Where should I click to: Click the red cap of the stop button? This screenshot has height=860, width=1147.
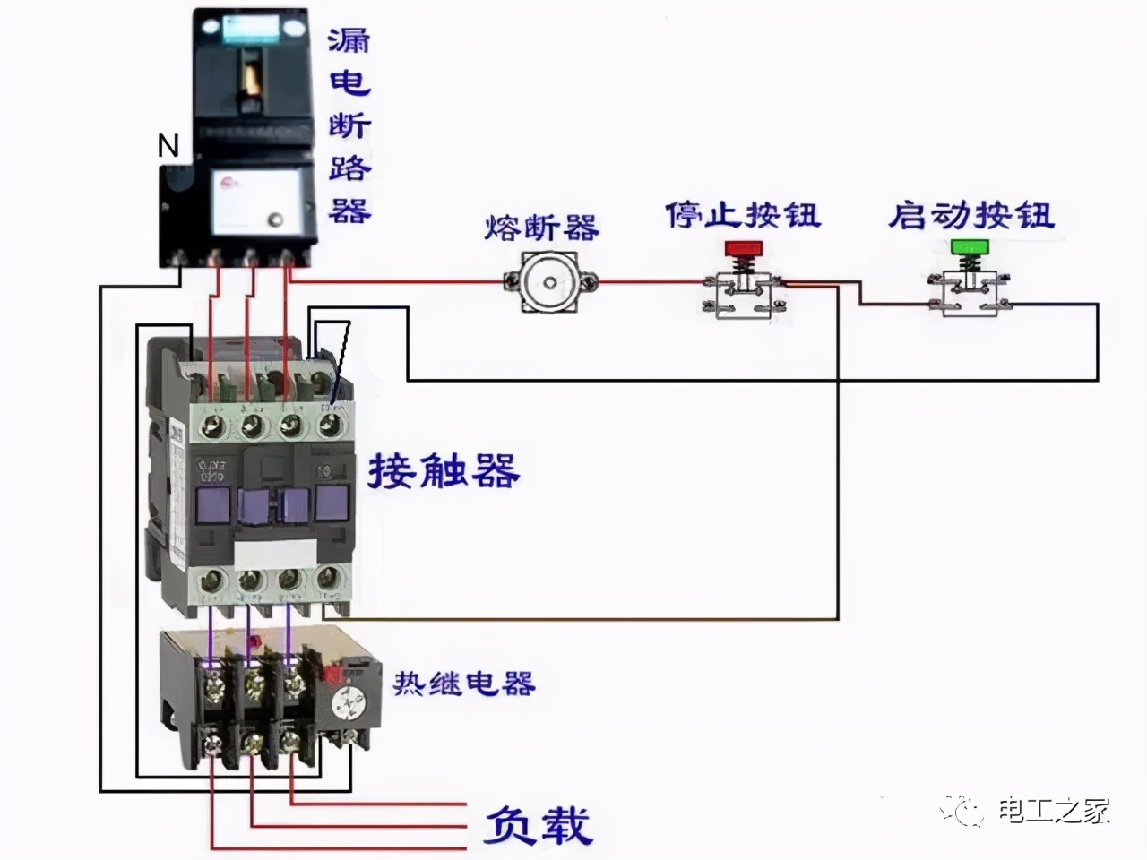tap(741, 247)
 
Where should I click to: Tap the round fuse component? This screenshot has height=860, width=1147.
tap(548, 282)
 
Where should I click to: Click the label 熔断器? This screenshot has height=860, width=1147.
tap(541, 228)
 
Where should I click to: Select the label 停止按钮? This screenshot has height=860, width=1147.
tap(742, 215)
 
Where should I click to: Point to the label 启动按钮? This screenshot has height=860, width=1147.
tap(970, 215)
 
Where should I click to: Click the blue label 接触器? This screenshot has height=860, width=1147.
tap(444, 470)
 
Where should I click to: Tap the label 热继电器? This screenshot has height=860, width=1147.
tap(464, 684)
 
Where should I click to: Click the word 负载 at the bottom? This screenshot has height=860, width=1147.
tap(538, 825)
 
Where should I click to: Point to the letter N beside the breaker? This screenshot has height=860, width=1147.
tap(168, 145)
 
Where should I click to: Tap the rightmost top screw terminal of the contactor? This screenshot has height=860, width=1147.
tap(331, 425)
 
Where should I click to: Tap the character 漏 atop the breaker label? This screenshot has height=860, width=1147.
tap(348, 40)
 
